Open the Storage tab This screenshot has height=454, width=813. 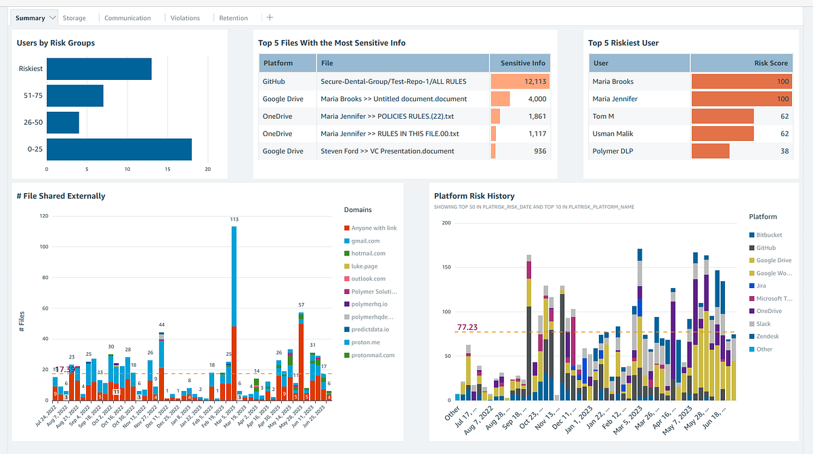75,18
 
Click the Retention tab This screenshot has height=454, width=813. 233,18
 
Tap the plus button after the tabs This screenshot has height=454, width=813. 270,18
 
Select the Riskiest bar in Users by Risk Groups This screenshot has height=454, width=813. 99,69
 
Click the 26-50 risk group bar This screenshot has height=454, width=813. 63,123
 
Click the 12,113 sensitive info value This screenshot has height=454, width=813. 530,81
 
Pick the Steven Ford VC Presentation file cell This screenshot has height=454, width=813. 388,151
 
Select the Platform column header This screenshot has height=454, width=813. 278,63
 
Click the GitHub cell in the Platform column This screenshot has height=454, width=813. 274,81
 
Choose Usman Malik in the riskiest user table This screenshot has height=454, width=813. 613,133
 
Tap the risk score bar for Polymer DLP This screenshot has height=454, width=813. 710,151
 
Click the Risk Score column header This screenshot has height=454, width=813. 771,63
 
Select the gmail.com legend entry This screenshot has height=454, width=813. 367,241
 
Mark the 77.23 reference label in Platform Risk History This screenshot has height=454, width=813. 467,327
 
